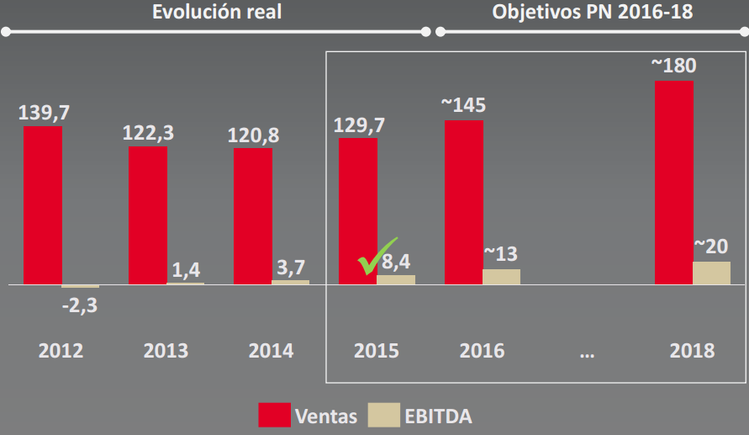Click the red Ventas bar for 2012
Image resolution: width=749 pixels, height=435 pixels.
42,205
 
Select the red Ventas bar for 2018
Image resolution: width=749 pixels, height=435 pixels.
673,183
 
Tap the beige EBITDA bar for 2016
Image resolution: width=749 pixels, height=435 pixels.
501,277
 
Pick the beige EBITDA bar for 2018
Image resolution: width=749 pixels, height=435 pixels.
711,273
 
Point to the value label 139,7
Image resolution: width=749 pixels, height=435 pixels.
41,113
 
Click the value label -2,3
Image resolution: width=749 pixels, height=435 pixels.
80,305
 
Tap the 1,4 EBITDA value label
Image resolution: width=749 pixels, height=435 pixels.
185,271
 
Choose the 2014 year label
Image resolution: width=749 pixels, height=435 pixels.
271,351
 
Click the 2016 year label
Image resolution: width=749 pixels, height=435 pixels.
482,351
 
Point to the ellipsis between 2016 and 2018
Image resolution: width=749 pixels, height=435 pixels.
587,353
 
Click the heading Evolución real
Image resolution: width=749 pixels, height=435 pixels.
217,12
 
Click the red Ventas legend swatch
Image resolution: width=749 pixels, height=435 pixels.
274,415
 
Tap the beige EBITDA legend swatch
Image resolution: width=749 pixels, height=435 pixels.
384,415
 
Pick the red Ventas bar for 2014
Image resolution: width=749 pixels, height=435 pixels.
252,216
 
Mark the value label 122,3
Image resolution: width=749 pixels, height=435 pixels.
147,133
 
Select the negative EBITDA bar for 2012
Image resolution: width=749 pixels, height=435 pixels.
80,287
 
